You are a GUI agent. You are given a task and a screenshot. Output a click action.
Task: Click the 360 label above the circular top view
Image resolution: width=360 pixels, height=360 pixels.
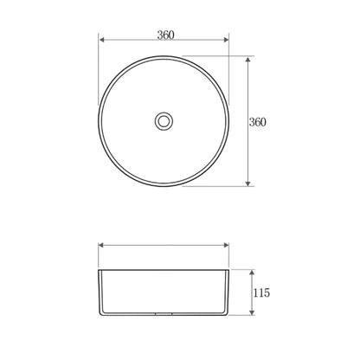point(167,35)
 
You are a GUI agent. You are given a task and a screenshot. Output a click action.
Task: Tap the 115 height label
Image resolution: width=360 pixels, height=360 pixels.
point(260,293)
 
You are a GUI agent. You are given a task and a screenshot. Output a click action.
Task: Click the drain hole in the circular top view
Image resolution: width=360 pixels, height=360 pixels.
point(164,121)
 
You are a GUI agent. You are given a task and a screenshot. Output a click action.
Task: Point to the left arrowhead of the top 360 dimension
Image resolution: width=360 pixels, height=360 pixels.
point(101,41)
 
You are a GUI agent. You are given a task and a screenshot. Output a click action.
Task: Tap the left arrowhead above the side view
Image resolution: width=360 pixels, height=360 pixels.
point(101,245)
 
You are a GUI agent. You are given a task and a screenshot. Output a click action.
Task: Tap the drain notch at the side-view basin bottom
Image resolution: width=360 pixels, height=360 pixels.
point(164,316)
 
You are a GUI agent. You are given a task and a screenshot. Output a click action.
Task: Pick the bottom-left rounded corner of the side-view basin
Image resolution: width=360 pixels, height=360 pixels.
point(103,314)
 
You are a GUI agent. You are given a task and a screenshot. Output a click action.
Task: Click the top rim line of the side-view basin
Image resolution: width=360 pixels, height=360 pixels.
point(164,269)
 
